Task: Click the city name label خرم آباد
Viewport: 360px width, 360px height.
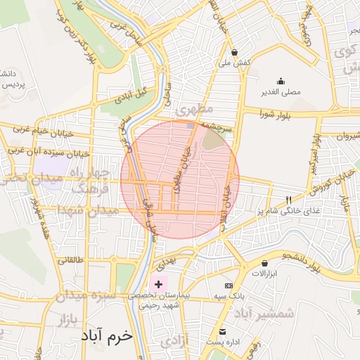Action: pos(106,336)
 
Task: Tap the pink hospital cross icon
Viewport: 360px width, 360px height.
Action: pos(159,285)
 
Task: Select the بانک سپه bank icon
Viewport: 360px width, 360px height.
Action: pos(228,286)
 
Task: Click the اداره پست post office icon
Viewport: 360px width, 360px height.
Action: pos(223,332)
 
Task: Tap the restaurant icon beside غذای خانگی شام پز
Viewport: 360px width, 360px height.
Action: pos(287,200)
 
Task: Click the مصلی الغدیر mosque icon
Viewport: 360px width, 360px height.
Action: pos(281,81)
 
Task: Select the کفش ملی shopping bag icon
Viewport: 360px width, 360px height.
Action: pos(234,51)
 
